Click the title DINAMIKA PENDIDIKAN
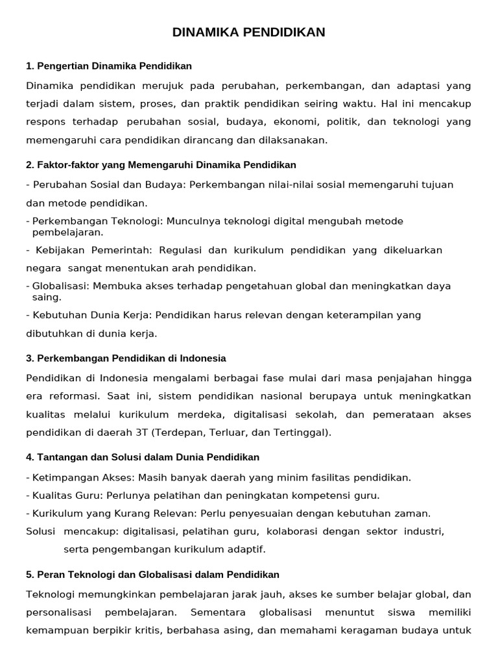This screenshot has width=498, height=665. tap(249, 32)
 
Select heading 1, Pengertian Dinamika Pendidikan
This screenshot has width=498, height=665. tap(109, 66)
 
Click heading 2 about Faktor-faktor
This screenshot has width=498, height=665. tap(161, 165)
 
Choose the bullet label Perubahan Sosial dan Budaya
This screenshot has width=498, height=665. tap(109, 184)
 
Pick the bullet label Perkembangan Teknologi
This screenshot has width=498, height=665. tap(98, 221)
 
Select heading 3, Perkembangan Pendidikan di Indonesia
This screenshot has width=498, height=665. tap(126, 358)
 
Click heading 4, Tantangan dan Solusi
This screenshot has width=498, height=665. tap(143, 457)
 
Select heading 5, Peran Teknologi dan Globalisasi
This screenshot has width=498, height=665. tap(152, 575)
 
